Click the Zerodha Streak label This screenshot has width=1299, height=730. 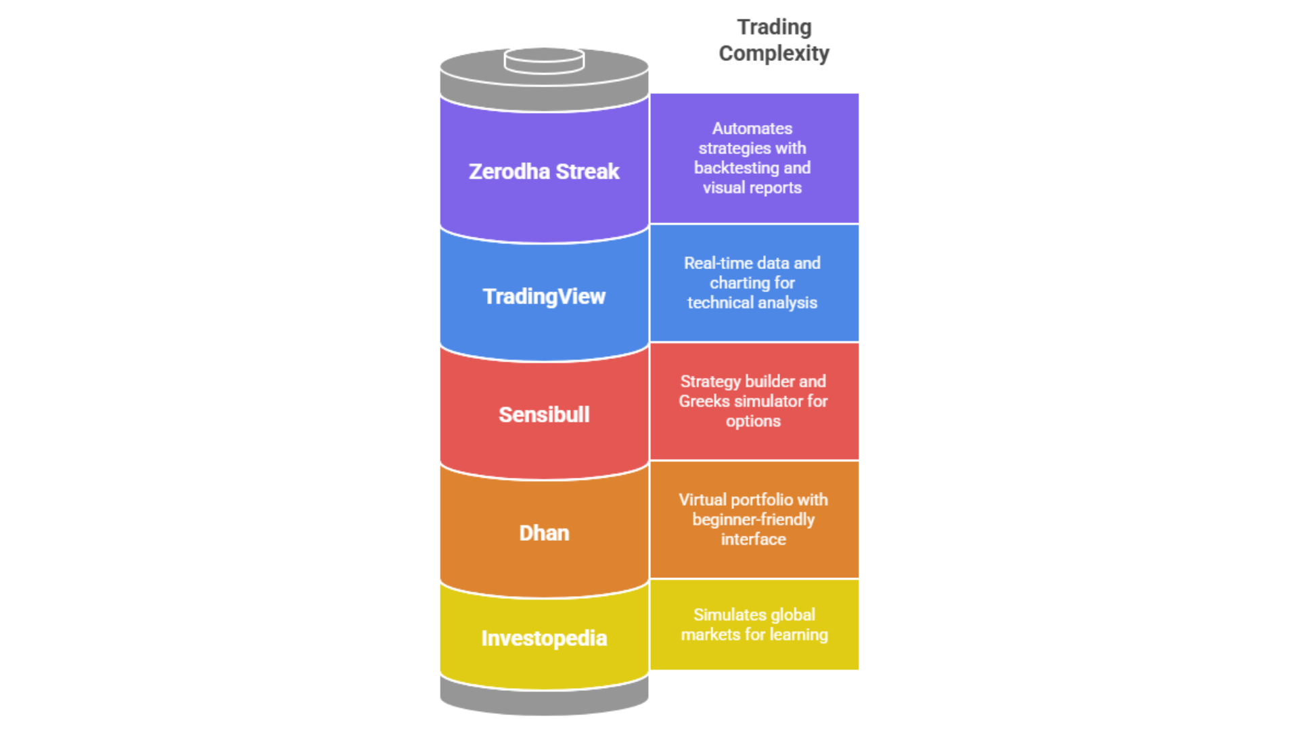tap(544, 172)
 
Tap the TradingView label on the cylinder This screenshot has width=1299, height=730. tap(544, 297)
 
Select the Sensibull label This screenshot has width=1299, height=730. tap(544, 414)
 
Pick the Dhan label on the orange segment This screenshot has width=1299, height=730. tap(544, 533)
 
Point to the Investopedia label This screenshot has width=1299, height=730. tap(544, 638)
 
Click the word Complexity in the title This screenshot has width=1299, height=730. tap(774, 53)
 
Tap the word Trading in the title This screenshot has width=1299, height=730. tap(774, 27)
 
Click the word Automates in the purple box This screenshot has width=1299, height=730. tap(752, 128)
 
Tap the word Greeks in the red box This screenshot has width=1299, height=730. tap(704, 401)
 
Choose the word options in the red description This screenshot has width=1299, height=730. tap(753, 421)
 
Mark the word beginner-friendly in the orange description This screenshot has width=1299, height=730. tap(753, 519)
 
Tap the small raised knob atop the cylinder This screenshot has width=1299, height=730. tap(544, 59)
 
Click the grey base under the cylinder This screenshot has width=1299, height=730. tap(544, 700)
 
